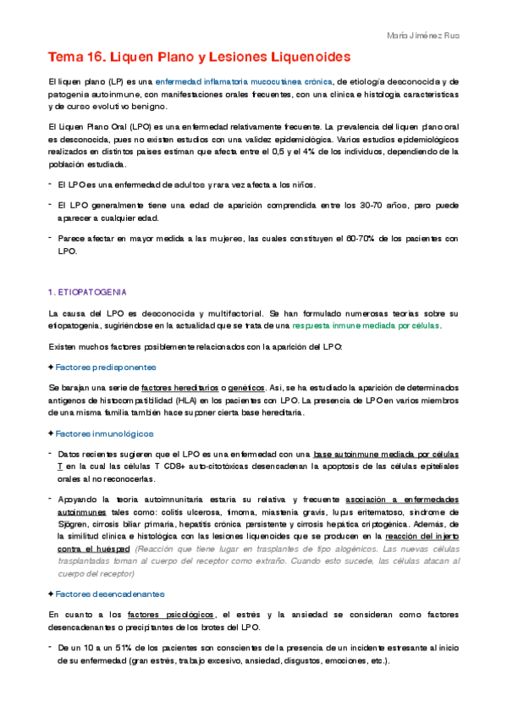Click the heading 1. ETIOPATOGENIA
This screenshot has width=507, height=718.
[87, 292]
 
